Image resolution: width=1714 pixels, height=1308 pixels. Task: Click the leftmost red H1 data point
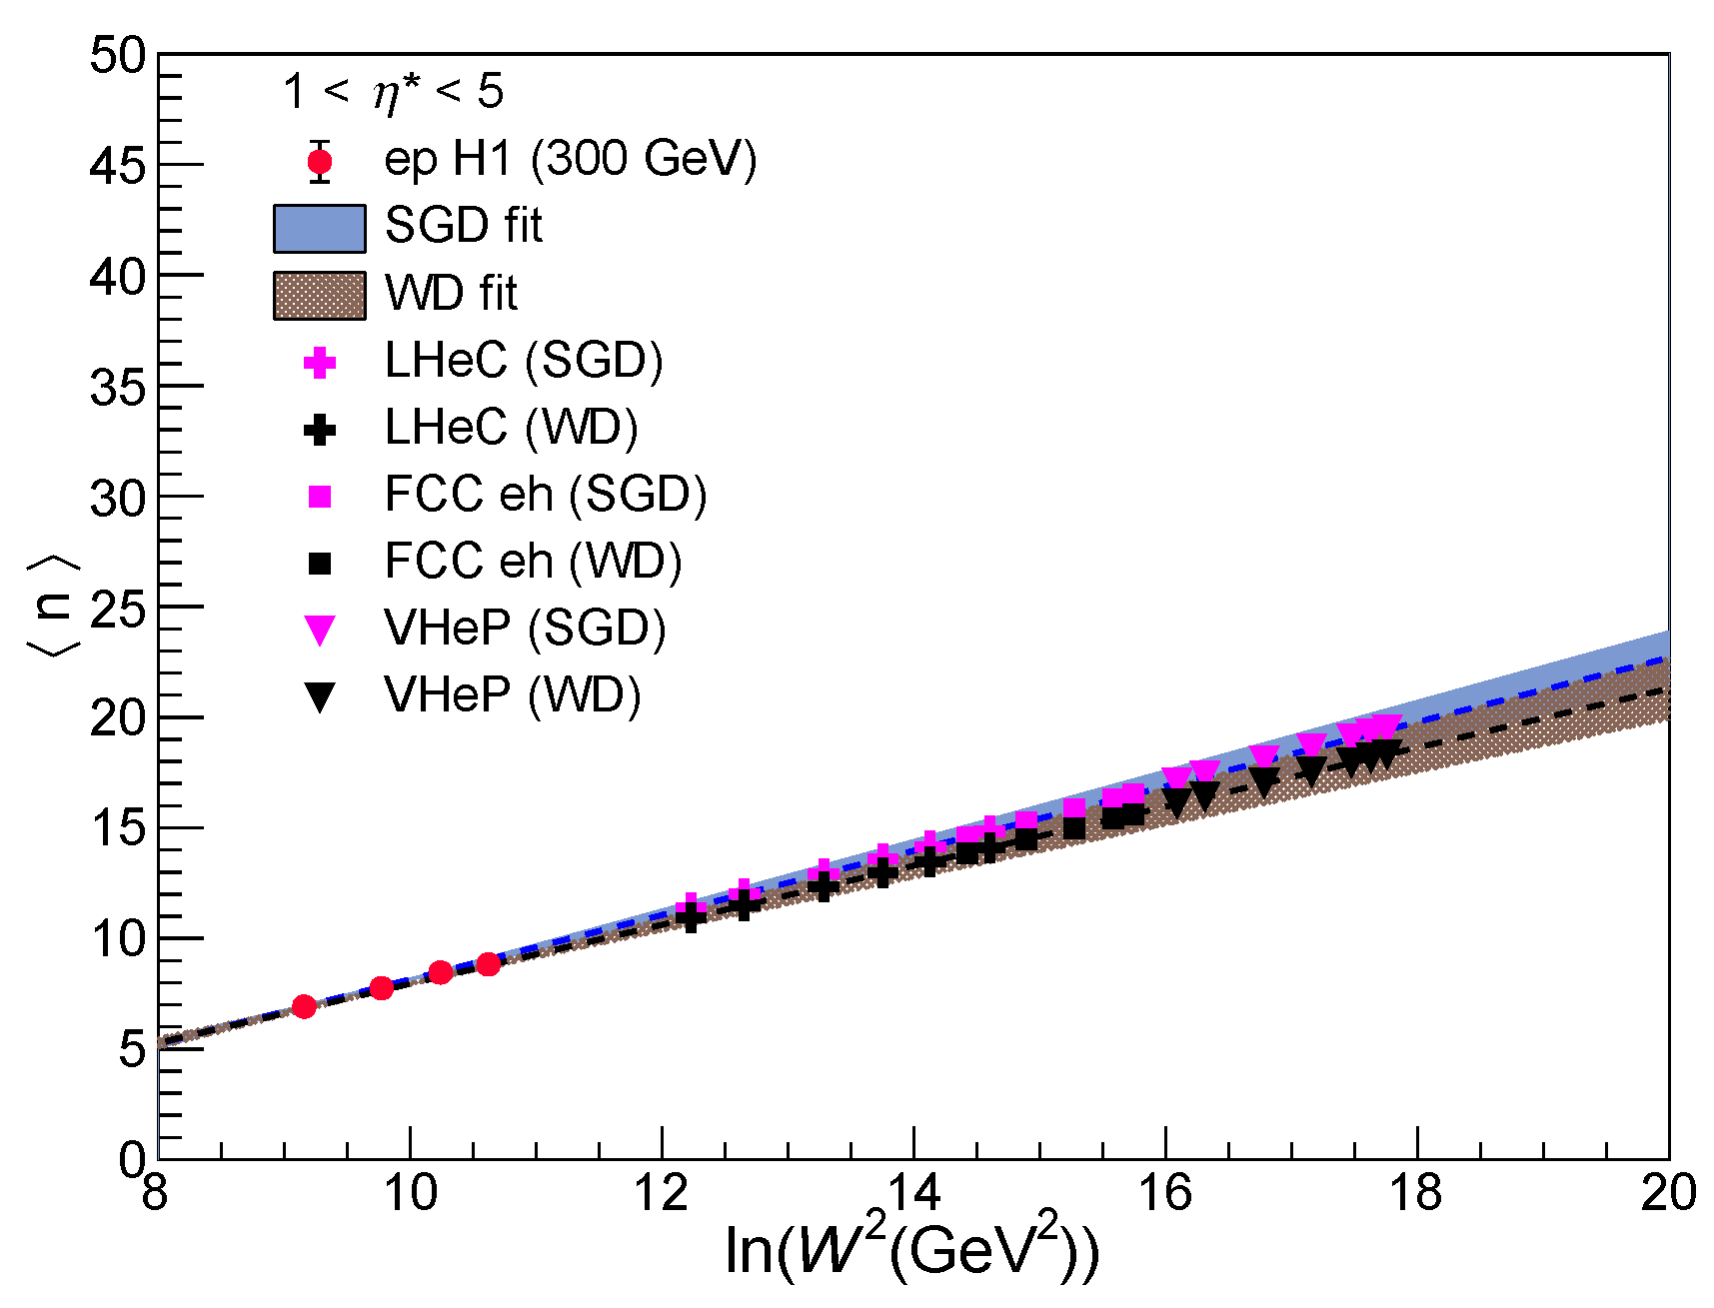click(x=304, y=1006)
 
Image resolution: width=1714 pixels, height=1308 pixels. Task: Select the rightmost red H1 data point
click(x=488, y=964)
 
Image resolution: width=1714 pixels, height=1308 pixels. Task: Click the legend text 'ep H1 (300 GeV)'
click(x=570, y=159)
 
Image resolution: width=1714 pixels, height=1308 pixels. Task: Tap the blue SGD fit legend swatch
click(x=319, y=228)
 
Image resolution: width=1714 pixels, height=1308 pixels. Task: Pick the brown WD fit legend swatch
click(x=319, y=296)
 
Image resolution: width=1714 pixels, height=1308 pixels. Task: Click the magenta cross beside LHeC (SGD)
click(x=319, y=362)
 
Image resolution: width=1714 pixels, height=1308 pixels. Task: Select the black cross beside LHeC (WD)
click(x=319, y=430)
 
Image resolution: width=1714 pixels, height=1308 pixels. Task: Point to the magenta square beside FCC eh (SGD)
click(x=319, y=497)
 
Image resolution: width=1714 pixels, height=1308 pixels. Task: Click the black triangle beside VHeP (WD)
click(x=319, y=696)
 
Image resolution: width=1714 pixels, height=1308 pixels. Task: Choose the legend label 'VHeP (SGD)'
click(x=525, y=629)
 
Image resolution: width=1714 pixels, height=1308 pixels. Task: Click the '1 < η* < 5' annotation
click(x=393, y=92)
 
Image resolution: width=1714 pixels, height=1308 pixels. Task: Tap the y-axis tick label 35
click(x=117, y=388)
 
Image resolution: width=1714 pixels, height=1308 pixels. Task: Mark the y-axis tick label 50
click(x=117, y=56)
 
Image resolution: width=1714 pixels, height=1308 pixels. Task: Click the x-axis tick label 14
click(x=912, y=1193)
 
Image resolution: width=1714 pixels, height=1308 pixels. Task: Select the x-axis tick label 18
click(x=1416, y=1193)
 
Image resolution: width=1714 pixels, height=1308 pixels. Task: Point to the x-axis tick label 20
click(x=1667, y=1193)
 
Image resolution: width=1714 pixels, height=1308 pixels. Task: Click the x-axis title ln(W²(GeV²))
click(x=910, y=1249)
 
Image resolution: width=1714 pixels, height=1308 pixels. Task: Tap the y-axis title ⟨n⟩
click(x=52, y=607)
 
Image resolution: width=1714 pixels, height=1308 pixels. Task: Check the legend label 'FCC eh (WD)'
click(x=533, y=562)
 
